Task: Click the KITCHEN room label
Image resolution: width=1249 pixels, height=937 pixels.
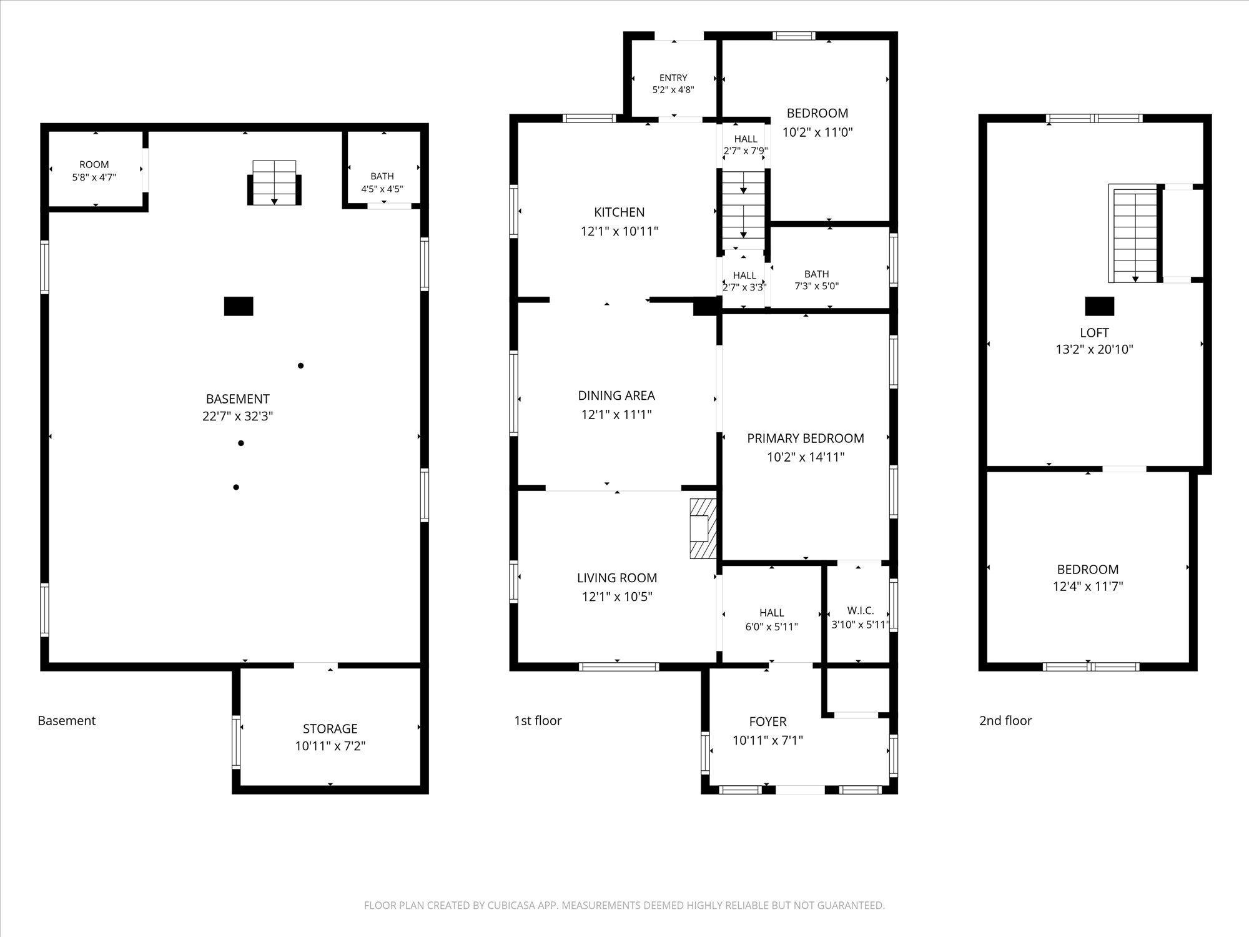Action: [620, 212]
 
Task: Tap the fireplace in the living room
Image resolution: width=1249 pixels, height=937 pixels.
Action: [703, 528]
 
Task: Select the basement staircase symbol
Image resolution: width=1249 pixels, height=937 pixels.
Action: [274, 183]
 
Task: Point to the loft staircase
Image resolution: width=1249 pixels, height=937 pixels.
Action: [1135, 233]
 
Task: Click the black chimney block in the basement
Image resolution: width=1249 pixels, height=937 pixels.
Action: [239, 306]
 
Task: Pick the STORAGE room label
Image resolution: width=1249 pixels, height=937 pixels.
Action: [330, 729]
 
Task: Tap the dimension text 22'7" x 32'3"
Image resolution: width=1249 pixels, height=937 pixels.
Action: [238, 416]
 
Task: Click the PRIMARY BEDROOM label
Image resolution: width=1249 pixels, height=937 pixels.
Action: [806, 439]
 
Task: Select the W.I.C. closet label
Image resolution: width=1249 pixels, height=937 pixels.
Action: [861, 610]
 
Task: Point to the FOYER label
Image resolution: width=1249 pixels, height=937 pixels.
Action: [768, 722]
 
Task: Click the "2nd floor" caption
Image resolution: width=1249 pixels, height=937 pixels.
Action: [1005, 721]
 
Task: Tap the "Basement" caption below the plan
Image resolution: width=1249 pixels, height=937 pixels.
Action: [67, 721]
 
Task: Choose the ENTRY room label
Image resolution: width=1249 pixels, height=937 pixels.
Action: [673, 78]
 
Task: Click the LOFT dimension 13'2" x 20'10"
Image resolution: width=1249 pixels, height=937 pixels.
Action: [1094, 350]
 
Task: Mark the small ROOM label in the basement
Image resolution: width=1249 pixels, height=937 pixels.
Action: [94, 165]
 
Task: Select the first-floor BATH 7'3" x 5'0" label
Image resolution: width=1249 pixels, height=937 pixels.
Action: [817, 280]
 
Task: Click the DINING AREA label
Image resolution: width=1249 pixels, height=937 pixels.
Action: [616, 395]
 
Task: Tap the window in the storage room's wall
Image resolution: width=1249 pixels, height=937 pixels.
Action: [236, 742]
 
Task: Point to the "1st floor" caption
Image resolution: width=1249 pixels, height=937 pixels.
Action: [538, 721]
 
